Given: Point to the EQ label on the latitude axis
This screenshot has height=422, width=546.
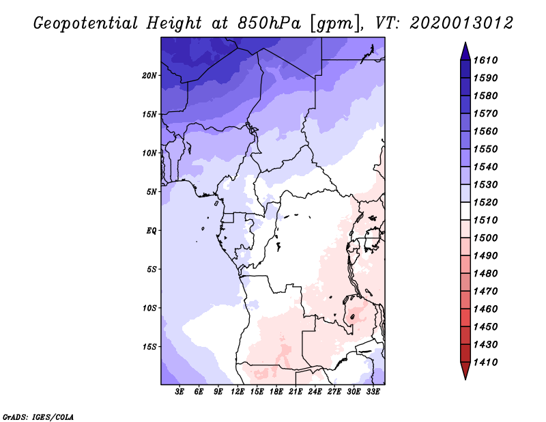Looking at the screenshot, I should pyautogui.click(x=152, y=230).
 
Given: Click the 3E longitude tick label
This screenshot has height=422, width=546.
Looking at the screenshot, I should pyautogui.click(x=180, y=392).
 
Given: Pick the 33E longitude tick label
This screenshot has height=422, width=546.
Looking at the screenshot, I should pyautogui.click(x=373, y=392).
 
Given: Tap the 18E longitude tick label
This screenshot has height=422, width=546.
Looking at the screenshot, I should pyautogui.click(x=276, y=392).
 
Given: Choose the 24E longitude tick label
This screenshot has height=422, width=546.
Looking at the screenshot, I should pyautogui.click(x=315, y=392).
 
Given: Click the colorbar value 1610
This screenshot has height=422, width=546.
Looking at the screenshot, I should pyautogui.click(x=488, y=60).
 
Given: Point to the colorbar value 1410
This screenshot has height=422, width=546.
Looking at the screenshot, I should pyautogui.click(x=488, y=362).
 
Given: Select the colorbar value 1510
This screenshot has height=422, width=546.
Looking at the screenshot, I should pyautogui.click(x=488, y=220).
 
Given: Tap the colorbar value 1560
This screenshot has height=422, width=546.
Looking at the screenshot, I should pyautogui.click(x=488, y=131).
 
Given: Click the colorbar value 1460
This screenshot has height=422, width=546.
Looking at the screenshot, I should pyautogui.click(x=488, y=309).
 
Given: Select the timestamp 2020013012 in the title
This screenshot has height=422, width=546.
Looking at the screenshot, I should pyautogui.click(x=461, y=23).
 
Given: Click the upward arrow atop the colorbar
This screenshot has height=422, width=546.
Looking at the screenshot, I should pyautogui.click(x=465, y=51).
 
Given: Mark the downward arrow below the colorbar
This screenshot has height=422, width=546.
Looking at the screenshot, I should pyautogui.click(x=465, y=371).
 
